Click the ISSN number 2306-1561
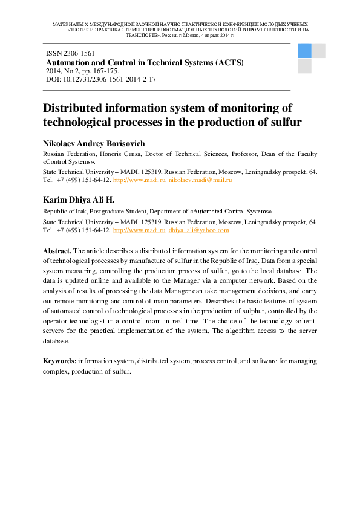point(79,54)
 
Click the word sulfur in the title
point(283,122)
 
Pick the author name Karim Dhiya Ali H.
point(79,199)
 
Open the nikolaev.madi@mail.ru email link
point(200,180)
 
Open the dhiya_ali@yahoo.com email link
point(198,230)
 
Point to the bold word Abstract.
point(57,250)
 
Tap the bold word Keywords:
point(59,361)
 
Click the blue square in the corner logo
point(304,51)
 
